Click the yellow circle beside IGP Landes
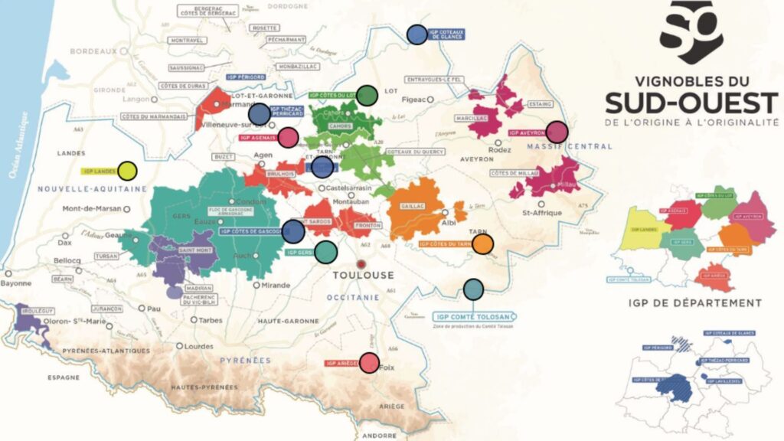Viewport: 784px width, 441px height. (x=127, y=171)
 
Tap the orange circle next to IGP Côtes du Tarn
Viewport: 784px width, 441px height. (x=482, y=244)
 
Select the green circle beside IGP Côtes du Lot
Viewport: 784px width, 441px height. (x=367, y=95)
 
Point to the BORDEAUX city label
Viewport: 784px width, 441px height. (x=93, y=51)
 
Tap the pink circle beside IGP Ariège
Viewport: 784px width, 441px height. (x=369, y=363)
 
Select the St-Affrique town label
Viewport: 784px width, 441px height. (x=541, y=212)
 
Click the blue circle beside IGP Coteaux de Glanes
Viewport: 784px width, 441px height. (x=417, y=34)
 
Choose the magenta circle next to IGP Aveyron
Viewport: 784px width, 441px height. (x=557, y=132)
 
